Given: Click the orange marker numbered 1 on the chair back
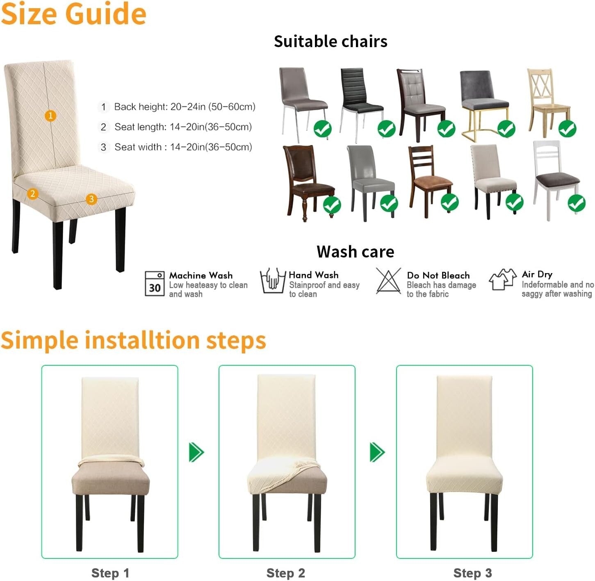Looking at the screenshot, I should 50,116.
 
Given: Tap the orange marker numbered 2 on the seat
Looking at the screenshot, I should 32,194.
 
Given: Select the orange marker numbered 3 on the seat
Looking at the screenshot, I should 91,199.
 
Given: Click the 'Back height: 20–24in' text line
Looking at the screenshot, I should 185,107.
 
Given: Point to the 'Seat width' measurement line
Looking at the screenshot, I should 183,147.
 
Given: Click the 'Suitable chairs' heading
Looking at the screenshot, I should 331,41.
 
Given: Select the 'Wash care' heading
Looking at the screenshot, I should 355,252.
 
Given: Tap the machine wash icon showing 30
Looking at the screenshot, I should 155,283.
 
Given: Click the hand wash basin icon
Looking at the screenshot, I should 273,281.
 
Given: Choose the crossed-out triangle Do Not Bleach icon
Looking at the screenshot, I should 388,281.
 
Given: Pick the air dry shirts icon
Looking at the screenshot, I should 502,280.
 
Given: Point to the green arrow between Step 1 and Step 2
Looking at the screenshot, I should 196,452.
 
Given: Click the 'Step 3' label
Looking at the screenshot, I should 472,573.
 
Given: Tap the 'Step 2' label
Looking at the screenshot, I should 286,573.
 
